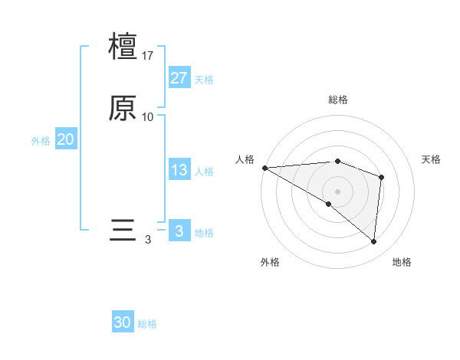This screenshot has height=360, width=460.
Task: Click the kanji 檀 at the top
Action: pos(123,46)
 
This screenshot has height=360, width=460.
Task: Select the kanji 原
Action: pos(123,109)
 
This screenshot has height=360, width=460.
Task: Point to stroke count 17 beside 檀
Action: pos(148,55)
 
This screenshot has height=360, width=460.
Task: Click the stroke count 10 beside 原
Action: pos(148,117)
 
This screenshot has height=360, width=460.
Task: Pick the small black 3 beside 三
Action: pos(148,240)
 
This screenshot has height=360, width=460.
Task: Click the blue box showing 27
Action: pos(179,78)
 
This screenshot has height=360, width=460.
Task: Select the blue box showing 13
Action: pos(179,170)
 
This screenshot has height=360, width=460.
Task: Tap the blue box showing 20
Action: pos(65,139)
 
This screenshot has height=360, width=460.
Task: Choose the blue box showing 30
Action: pos(123,322)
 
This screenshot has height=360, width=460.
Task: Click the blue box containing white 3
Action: pos(179,231)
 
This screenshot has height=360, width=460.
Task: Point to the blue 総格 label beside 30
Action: pos(147,324)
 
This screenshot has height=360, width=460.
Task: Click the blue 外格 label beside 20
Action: pos(41,141)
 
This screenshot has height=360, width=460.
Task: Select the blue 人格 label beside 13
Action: pos(204,172)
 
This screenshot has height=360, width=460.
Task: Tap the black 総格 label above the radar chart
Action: pos(338,100)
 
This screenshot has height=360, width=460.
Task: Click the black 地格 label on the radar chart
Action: pos(402,263)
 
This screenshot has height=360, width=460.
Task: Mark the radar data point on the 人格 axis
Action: pos(264,168)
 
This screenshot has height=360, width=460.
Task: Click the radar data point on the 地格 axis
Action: pos(373,241)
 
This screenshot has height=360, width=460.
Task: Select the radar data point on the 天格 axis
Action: pos(381,178)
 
